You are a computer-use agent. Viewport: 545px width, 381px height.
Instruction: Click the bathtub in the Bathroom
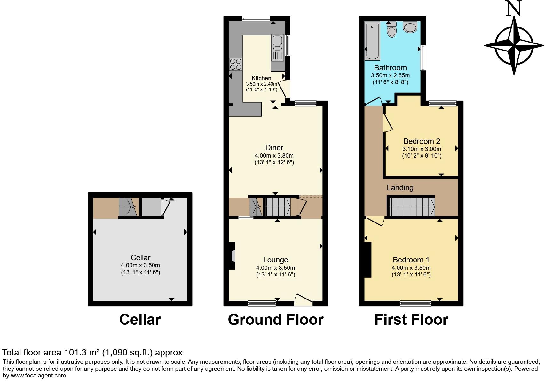coord(372,41)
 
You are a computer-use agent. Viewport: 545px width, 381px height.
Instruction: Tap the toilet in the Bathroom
coord(392,30)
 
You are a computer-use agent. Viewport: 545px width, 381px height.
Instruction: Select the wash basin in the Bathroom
coord(410,27)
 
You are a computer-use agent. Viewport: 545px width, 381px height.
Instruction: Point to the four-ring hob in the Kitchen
coord(235,64)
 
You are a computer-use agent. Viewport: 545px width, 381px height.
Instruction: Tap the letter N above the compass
coord(514,9)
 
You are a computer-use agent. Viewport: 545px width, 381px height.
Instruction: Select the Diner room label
coord(274,148)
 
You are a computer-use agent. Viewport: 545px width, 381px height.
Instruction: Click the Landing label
coord(400,188)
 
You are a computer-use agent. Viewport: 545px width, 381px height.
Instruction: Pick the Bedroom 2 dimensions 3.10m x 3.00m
coord(422,149)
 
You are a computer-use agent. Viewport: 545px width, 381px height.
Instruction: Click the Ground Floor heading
coord(275,320)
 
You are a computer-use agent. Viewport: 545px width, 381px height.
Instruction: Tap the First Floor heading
coord(411,320)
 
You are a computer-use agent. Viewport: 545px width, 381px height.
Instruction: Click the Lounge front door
coord(303,300)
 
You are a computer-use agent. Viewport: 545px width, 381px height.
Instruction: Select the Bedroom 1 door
coord(375,221)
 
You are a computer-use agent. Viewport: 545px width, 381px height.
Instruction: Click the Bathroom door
coord(374,102)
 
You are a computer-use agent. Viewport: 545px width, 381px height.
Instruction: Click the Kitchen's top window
coord(256,19)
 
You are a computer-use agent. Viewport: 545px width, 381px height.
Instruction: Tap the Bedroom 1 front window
coord(415,303)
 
